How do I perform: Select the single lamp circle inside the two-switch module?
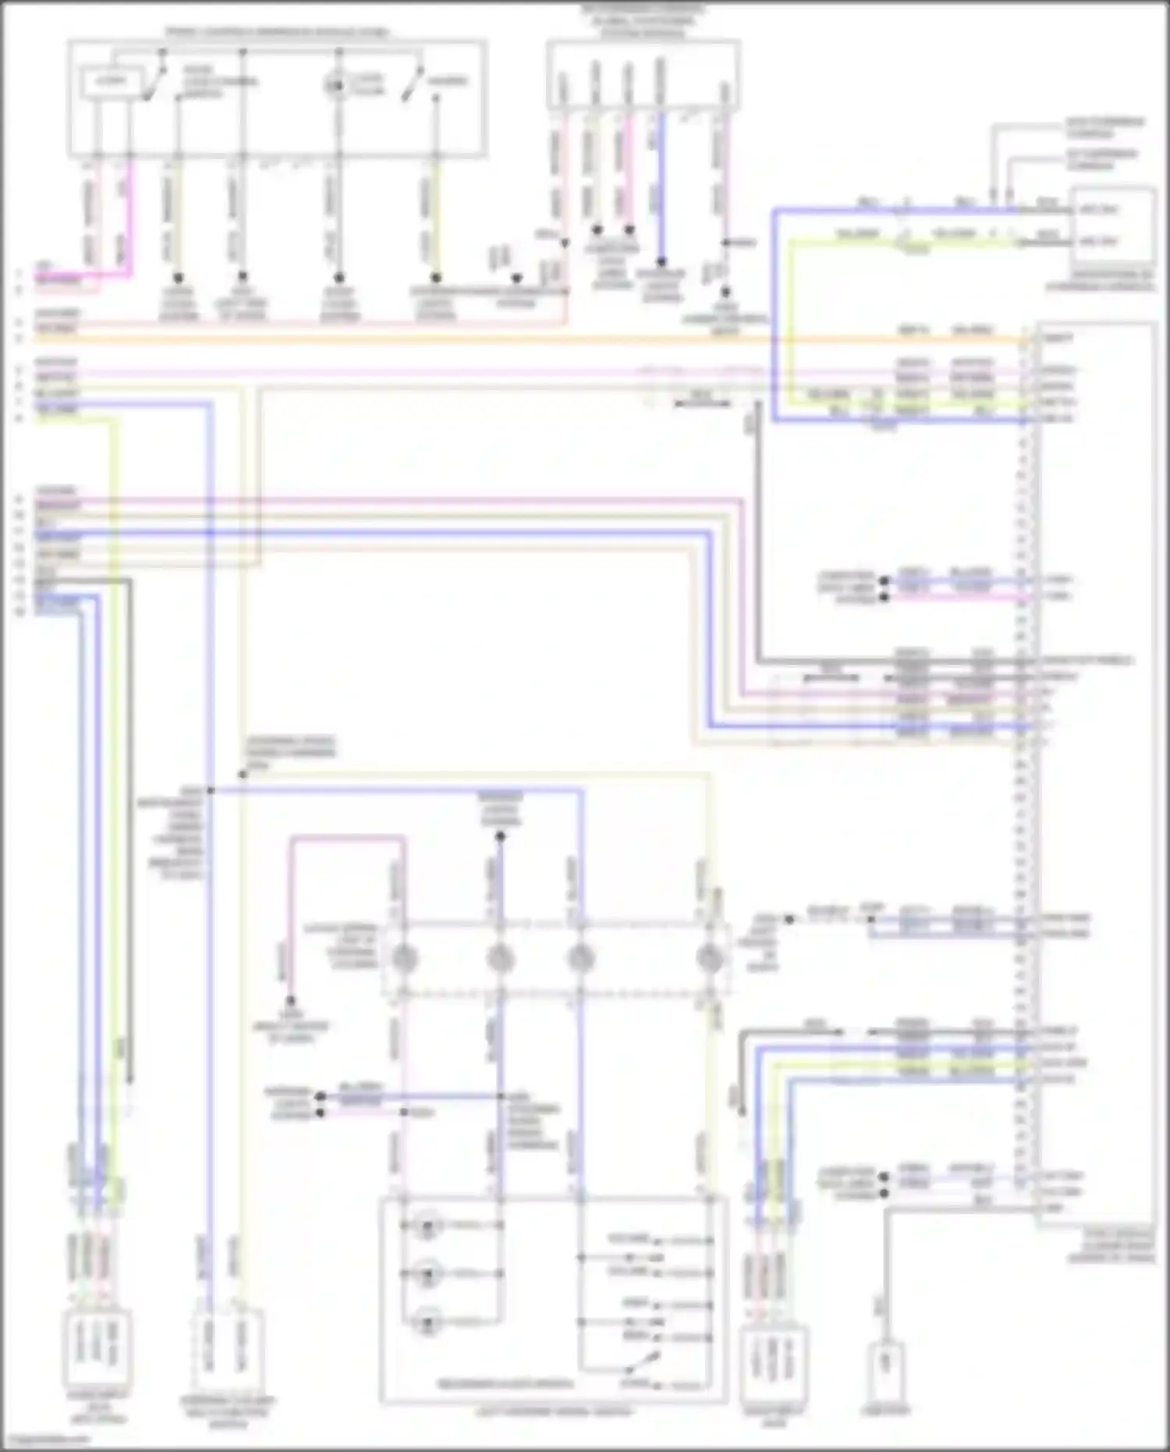coord(335,84)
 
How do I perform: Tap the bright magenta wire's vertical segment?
coord(129,218)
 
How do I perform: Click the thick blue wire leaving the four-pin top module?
coord(661,187)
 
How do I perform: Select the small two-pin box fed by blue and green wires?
coord(1113,226)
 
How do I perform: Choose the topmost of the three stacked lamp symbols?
coord(427,1226)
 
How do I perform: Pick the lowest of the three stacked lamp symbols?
coord(427,1323)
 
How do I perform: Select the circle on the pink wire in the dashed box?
coord(403,958)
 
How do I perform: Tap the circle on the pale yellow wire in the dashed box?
coord(708,958)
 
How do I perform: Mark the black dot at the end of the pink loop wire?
coord(290,1000)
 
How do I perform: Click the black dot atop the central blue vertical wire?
coord(501,836)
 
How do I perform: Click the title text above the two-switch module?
coord(277,33)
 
